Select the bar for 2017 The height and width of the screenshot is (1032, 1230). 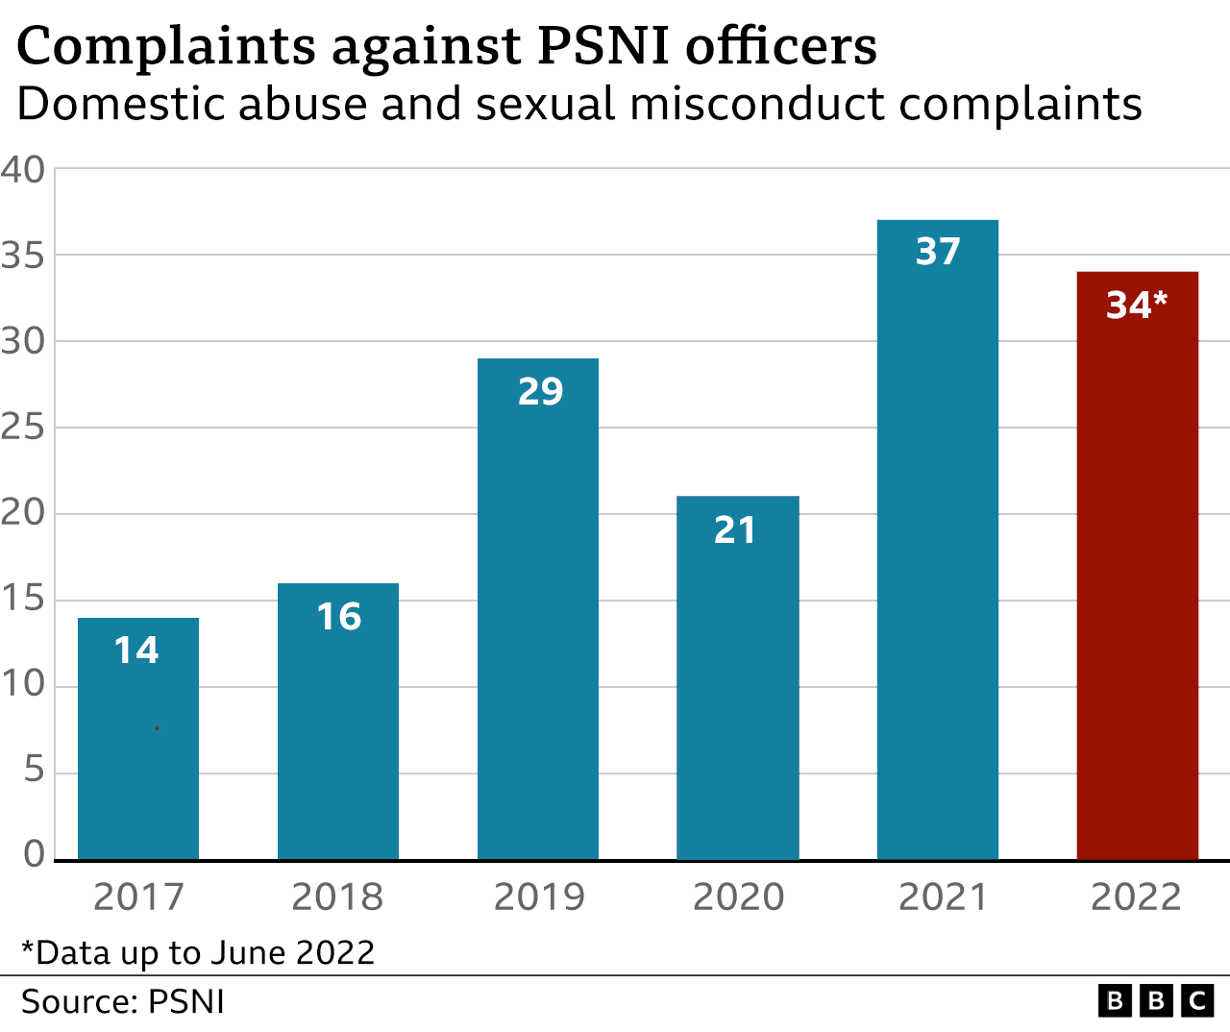(x=138, y=749)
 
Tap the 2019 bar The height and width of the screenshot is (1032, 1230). (x=538, y=625)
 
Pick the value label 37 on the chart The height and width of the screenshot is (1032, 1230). (x=938, y=252)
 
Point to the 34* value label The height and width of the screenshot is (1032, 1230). (x=1136, y=306)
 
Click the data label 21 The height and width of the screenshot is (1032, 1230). (x=735, y=530)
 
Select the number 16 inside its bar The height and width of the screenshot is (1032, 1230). (x=338, y=617)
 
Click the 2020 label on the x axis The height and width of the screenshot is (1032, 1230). (x=738, y=897)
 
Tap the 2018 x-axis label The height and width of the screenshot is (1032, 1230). (x=337, y=897)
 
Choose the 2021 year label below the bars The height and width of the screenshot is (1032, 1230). (x=943, y=897)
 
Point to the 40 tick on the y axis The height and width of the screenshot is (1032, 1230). (x=23, y=170)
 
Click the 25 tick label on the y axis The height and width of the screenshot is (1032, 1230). (x=23, y=428)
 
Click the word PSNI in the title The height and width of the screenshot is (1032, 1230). (x=603, y=45)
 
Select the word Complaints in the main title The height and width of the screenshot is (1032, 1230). (x=166, y=45)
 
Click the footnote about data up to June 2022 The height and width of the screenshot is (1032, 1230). (x=198, y=952)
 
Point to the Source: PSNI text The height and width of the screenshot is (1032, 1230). (x=123, y=1002)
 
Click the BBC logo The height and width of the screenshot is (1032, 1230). (x=1155, y=1001)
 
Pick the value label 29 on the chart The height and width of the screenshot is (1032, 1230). (x=540, y=392)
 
